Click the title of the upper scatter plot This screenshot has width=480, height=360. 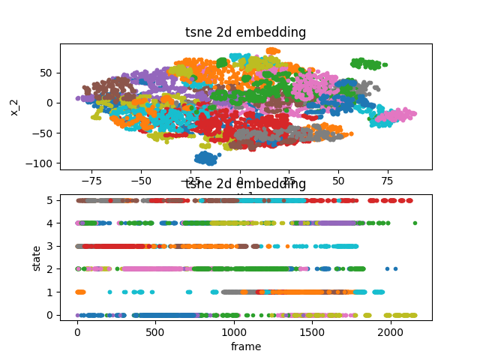246,32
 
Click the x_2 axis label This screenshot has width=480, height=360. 14,106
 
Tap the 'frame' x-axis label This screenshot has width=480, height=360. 246,346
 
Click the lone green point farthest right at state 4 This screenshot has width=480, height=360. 415,223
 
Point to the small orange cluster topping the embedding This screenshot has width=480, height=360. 272,51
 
